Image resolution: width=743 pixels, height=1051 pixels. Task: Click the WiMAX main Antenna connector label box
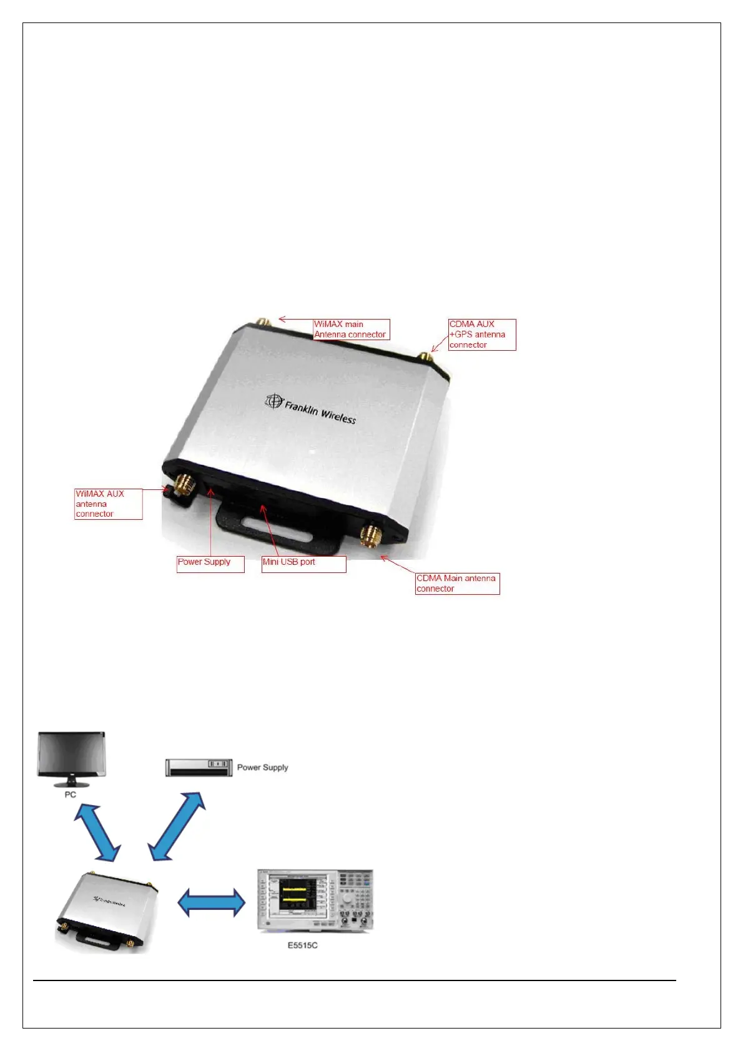tap(351, 330)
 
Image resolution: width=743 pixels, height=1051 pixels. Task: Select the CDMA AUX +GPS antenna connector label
tap(482, 335)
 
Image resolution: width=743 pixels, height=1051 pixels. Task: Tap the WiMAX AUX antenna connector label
tap(108, 504)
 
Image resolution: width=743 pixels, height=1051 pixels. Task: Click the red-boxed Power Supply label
tap(210, 563)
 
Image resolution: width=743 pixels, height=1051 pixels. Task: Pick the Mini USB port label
tap(303, 563)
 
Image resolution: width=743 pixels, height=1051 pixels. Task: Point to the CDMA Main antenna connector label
tap(457, 584)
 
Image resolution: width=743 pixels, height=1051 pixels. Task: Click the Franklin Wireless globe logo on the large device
tap(274, 401)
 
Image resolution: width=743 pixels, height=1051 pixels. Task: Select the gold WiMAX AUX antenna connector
tap(184, 484)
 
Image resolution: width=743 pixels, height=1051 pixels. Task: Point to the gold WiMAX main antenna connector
tap(263, 322)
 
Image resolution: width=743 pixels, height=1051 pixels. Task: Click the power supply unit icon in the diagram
tap(198, 768)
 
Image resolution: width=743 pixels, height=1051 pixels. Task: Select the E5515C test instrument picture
tap(315, 901)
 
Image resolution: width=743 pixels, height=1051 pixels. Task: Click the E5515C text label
tap(302, 946)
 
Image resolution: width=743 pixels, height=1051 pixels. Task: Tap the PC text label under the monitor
tap(70, 794)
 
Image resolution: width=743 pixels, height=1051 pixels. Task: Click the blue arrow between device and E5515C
tap(212, 902)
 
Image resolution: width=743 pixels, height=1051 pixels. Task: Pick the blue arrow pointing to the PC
tap(97, 831)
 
